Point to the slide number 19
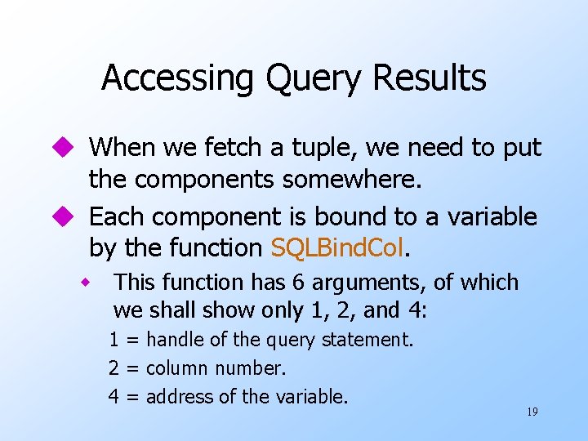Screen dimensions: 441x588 point(532,412)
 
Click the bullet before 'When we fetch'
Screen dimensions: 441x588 point(65,148)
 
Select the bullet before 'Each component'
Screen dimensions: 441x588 point(65,217)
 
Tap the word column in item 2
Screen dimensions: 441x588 point(174,368)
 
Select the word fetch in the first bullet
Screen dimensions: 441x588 point(263,148)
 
